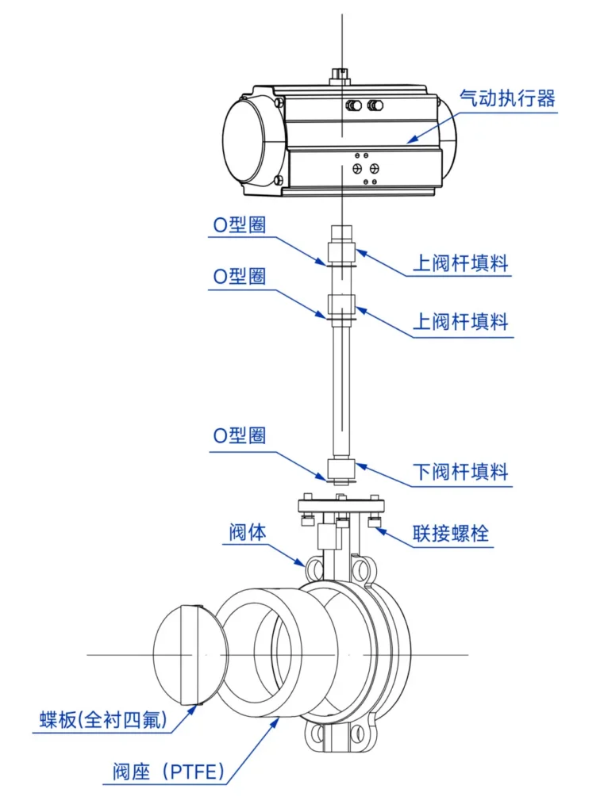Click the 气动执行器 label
(x=507, y=99)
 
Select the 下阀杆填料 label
(x=460, y=472)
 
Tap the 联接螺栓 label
(x=450, y=534)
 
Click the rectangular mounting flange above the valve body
(x=341, y=506)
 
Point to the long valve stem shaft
(x=340, y=389)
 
